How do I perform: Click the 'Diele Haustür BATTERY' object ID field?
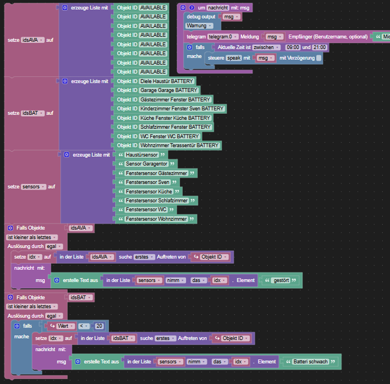point(167,81)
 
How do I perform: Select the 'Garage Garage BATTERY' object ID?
point(169,90)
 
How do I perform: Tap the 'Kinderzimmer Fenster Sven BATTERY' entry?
point(182,109)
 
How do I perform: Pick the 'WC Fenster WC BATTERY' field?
point(169,136)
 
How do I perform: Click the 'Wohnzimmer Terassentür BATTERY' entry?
point(179,145)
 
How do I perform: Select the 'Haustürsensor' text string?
point(142,155)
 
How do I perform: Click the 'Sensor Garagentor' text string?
point(146,164)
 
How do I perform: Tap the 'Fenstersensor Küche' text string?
point(149,192)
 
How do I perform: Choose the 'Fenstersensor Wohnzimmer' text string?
point(156,219)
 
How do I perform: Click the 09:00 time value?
point(293,47)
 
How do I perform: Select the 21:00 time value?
point(320,47)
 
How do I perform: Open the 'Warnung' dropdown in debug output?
point(199,26)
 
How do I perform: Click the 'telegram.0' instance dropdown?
point(222,37)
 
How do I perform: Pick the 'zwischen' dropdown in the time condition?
point(266,47)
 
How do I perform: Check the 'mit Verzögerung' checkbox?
point(318,58)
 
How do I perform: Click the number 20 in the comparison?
point(99,326)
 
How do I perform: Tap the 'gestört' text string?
point(281,280)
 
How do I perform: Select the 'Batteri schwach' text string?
point(310,362)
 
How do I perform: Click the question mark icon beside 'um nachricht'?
point(192,8)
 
